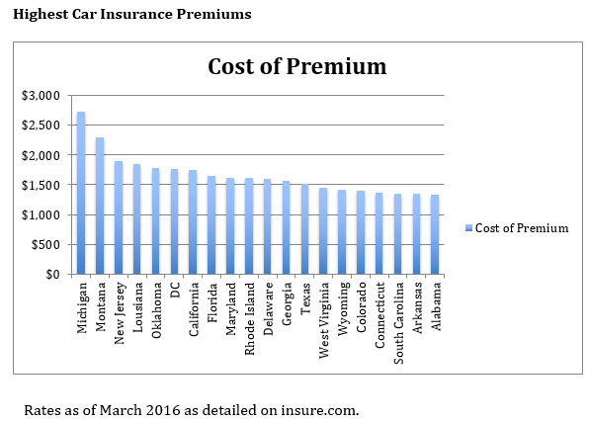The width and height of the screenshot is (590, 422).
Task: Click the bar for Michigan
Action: tap(81, 193)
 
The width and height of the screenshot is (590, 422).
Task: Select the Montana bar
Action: tap(100, 206)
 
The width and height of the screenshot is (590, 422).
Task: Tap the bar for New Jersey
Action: tap(119, 217)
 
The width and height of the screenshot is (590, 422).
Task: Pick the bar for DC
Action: tap(174, 221)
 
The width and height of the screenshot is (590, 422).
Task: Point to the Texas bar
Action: tap(304, 229)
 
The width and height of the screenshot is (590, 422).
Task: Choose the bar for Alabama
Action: tap(435, 234)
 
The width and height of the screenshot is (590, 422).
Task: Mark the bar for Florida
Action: tap(211, 225)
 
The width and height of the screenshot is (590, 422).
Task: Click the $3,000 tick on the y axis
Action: tap(41, 96)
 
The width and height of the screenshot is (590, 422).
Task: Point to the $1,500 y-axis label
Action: tap(41, 185)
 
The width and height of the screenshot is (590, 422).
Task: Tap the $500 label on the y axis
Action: tap(45, 245)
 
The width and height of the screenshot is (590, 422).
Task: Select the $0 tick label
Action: tap(52, 275)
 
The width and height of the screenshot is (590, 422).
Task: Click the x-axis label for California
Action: tap(194, 309)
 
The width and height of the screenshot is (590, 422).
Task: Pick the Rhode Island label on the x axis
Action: tap(250, 318)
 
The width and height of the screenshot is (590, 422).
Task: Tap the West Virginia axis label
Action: tap(324, 320)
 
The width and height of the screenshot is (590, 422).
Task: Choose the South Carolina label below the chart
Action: tap(398, 323)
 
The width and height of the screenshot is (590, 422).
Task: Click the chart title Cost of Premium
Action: tap(297, 66)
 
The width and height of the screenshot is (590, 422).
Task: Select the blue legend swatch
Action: tap(468, 228)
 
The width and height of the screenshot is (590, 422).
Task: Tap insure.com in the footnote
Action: tap(320, 410)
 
